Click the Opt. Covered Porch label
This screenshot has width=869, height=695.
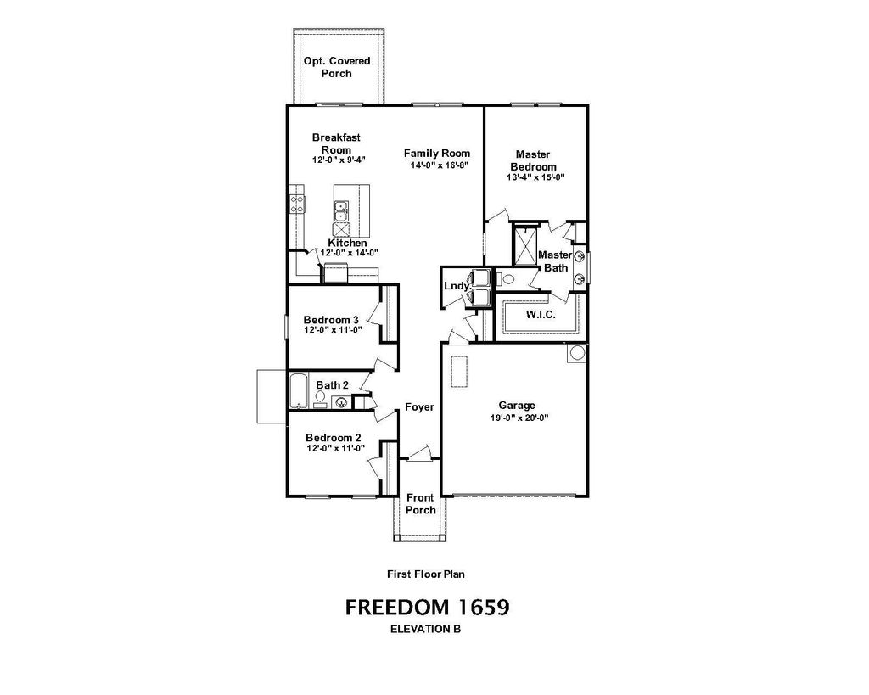pos(336,67)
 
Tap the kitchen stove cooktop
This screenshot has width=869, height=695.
pos(297,203)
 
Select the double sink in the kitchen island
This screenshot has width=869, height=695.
pos(341,210)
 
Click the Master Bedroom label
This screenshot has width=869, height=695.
pos(532,160)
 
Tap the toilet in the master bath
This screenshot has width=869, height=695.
pos(502,278)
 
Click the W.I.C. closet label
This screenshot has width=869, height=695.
pos(540,314)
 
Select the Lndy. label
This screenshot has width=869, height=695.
pos(457,286)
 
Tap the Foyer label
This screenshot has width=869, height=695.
pos(419,407)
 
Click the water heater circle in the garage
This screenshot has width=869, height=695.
pos(576,352)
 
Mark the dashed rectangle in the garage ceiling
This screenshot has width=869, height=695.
pos(459,372)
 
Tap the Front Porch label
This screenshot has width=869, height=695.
pos(420,504)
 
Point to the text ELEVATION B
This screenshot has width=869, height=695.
pos(425,630)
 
